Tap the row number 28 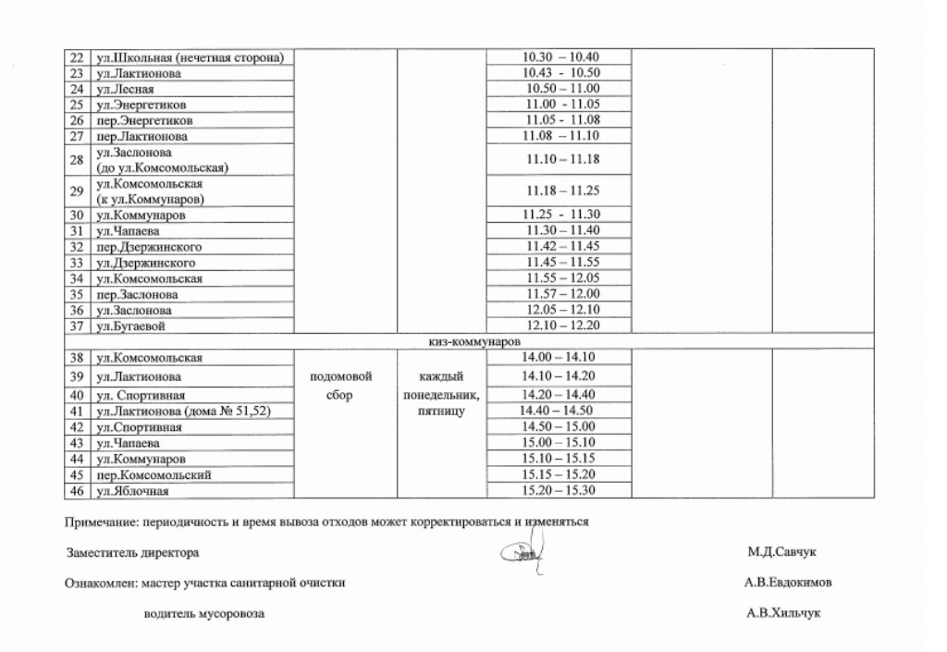coord(78,159)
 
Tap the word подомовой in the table coord(342,377)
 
